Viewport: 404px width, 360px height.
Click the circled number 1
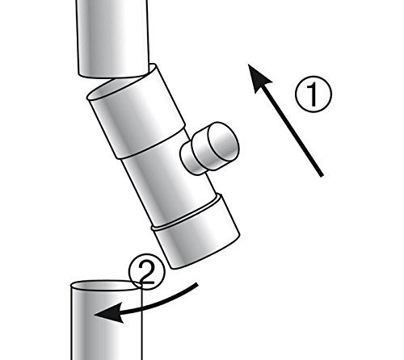pyautogui.click(x=314, y=94)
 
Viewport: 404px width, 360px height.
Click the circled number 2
pyautogui.click(x=146, y=271)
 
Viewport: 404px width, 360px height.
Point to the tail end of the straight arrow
pyautogui.click(x=322, y=176)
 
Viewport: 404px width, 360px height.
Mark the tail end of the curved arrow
pyautogui.click(x=198, y=285)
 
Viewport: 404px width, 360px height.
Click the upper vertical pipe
pyautogui.click(x=112, y=39)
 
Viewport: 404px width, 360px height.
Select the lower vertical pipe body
pyautogui.click(x=106, y=323)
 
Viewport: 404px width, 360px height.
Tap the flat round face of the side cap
pyautogui.click(x=224, y=141)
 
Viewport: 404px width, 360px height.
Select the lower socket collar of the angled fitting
pyautogui.click(x=196, y=232)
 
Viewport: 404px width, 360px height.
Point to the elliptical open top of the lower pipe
pyautogui.click(x=106, y=286)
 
